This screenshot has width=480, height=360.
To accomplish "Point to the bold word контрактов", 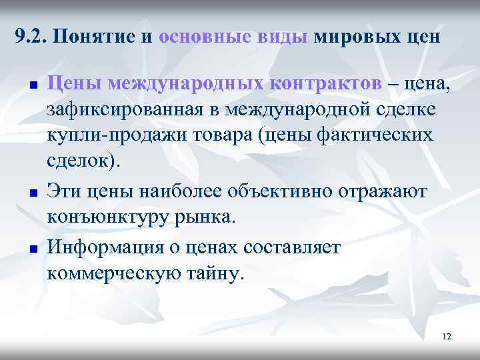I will (326, 83).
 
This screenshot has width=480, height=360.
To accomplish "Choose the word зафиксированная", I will (126, 109).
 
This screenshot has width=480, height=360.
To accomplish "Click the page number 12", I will (446, 337).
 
